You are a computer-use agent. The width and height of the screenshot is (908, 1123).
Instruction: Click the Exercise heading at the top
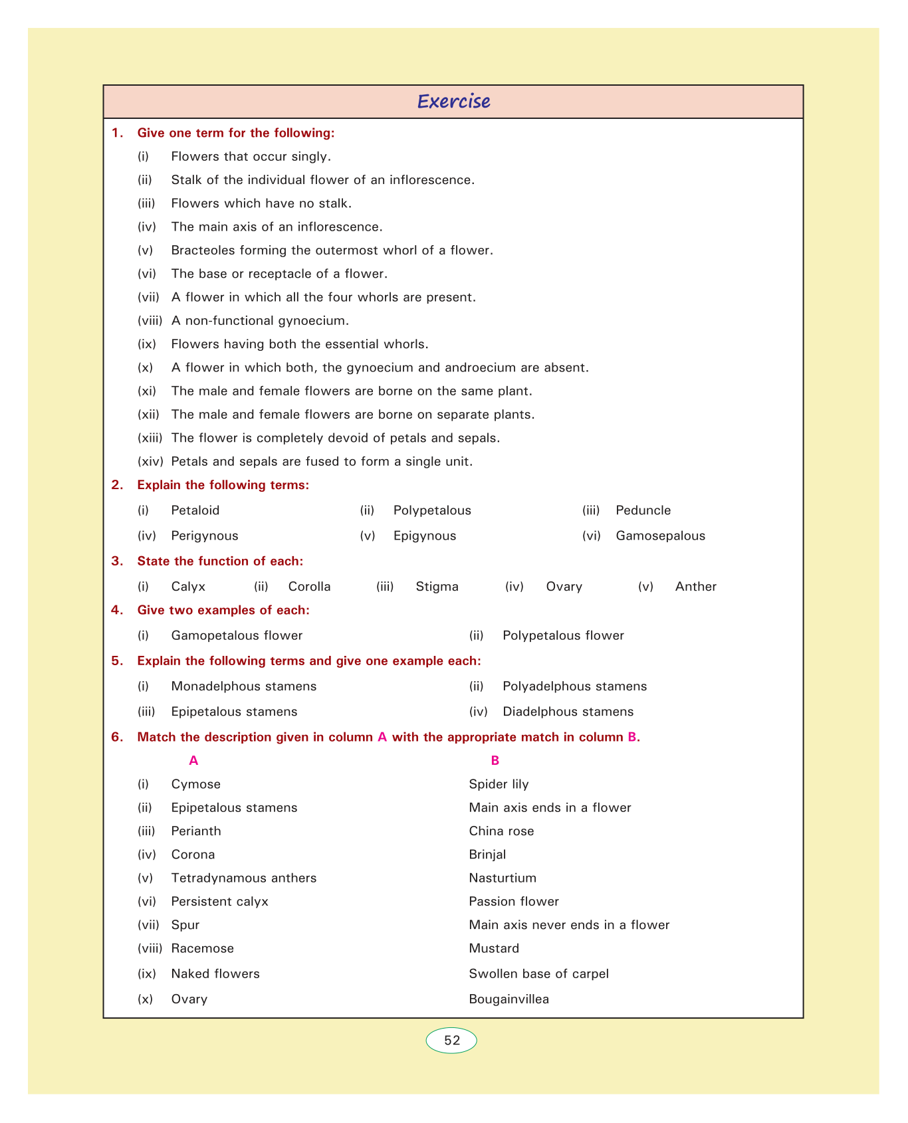453,102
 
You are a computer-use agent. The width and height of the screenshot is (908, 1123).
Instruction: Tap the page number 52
451,1041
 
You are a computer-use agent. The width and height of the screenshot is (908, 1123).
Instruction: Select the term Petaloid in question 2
195,510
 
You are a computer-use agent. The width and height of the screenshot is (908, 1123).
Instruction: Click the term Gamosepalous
660,536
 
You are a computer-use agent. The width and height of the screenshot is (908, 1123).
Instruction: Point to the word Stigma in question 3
437,587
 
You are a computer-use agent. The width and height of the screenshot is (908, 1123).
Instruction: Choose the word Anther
695,587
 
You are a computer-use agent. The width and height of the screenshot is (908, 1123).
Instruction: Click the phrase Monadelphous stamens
243,686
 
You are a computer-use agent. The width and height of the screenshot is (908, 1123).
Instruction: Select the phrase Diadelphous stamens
568,712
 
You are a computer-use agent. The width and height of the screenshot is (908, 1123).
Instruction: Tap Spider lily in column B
499,784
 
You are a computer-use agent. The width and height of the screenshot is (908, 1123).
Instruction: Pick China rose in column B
501,831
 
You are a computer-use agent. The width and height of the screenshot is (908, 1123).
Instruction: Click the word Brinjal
487,855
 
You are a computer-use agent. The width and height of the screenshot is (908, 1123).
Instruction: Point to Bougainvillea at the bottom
509,999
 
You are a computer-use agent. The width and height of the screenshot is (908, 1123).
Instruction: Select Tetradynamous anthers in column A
243,878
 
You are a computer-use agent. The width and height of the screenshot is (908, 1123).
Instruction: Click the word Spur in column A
185,925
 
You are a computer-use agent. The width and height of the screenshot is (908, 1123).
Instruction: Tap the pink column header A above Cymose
193,760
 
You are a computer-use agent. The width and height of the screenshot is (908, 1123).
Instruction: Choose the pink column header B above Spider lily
495,760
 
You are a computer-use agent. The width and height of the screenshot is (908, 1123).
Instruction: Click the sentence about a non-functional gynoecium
259,321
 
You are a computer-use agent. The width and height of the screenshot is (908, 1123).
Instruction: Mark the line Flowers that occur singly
251,156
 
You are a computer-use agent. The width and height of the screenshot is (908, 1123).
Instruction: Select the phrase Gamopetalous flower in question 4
236,635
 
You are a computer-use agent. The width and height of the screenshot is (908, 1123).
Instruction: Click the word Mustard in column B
494,948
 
